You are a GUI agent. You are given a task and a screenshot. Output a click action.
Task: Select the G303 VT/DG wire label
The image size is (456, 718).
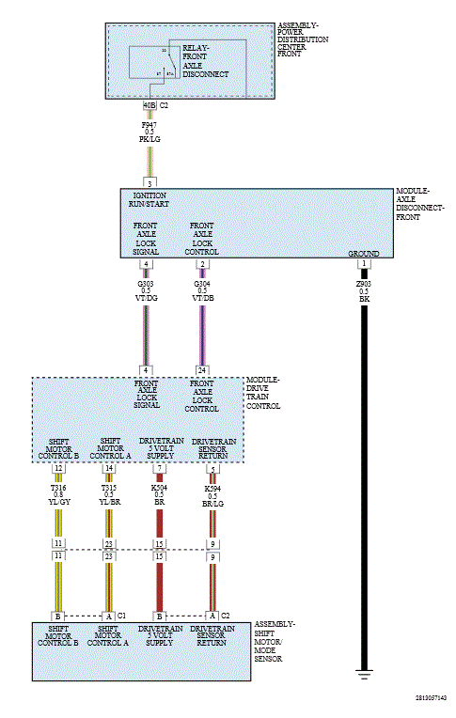click(x=146, y=290)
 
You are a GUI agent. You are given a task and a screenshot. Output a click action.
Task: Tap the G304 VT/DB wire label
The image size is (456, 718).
click(x=201, y=290)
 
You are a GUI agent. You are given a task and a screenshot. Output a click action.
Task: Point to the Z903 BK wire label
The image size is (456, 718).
click(x=364, y=290)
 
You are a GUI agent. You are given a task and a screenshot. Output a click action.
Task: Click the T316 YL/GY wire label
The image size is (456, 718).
click(x=58, y=496)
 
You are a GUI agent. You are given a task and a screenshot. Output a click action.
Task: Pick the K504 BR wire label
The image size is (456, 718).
click(x=160, y=496)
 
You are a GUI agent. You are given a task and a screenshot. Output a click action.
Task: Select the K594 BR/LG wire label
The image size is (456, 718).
click(x=213, y=496)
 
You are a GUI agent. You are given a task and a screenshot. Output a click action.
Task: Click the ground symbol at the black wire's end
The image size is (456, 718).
click(x=364, y=674)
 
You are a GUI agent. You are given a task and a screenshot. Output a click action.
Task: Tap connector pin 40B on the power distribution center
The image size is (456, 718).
click(x=149, y=105)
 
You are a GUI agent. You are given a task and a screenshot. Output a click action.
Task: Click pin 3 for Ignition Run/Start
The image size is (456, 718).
click(x=149, y=181)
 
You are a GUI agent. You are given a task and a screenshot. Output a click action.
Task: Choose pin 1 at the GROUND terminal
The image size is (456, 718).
click(x=364, y=264)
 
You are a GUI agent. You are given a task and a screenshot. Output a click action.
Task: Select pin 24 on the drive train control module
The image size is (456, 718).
click(x=201, y=369)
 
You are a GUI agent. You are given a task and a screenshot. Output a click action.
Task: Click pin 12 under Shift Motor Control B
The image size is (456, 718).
click(x=58, y=468)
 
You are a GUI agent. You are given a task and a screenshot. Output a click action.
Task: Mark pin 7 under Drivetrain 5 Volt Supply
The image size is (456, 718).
click(x=160, y=468)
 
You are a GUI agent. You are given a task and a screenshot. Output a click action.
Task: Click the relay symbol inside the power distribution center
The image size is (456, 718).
click(x=166, y=62)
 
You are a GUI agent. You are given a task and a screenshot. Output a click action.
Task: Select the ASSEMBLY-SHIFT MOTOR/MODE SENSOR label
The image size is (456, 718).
click(x=277, y=642)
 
